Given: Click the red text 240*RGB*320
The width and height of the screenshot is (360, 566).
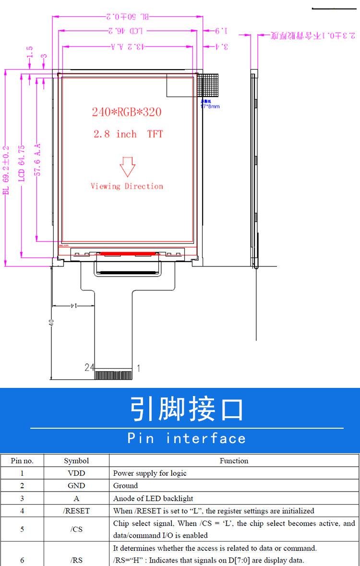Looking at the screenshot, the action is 127,112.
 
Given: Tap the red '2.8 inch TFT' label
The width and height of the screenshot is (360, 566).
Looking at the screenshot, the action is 128,134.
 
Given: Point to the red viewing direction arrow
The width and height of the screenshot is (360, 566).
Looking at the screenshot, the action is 127,166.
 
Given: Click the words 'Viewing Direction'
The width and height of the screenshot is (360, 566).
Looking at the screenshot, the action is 127,186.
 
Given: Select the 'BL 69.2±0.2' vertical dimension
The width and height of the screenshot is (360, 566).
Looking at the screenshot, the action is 6,170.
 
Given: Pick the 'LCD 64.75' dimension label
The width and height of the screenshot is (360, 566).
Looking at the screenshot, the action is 22,163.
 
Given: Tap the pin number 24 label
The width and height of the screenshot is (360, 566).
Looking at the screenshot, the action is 89,367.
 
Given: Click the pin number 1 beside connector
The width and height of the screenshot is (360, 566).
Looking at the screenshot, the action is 139,368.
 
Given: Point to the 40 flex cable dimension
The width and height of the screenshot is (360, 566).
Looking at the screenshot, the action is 51,322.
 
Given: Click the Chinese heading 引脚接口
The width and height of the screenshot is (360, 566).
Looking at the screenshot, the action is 187,409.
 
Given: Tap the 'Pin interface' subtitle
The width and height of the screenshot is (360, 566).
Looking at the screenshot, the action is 187,438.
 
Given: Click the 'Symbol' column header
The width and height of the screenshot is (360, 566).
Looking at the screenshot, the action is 76,460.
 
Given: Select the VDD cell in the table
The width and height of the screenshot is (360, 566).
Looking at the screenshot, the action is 76,473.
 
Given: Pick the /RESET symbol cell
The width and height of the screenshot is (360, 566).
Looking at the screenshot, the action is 76,511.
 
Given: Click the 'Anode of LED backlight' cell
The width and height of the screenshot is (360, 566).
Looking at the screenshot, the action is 153,498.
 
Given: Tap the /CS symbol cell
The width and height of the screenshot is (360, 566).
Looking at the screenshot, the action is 76,530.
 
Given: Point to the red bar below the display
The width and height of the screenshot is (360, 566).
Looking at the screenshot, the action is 127,253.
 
